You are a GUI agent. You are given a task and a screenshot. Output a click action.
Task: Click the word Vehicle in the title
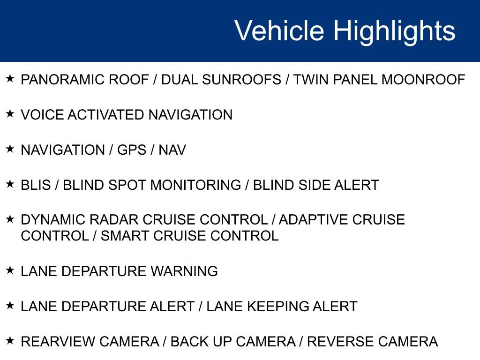(x=279, y=31)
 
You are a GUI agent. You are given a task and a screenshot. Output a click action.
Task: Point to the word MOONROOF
(x=423, y=80)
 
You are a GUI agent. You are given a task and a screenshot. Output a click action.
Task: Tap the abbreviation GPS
(x=133, y=150)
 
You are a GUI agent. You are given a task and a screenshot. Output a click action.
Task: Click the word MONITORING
(x=195, y=185)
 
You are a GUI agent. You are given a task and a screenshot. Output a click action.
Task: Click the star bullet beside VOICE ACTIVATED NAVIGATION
(x=10, y=114)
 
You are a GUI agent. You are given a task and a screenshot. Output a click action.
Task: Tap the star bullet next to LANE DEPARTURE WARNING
(x=10, y=270)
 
